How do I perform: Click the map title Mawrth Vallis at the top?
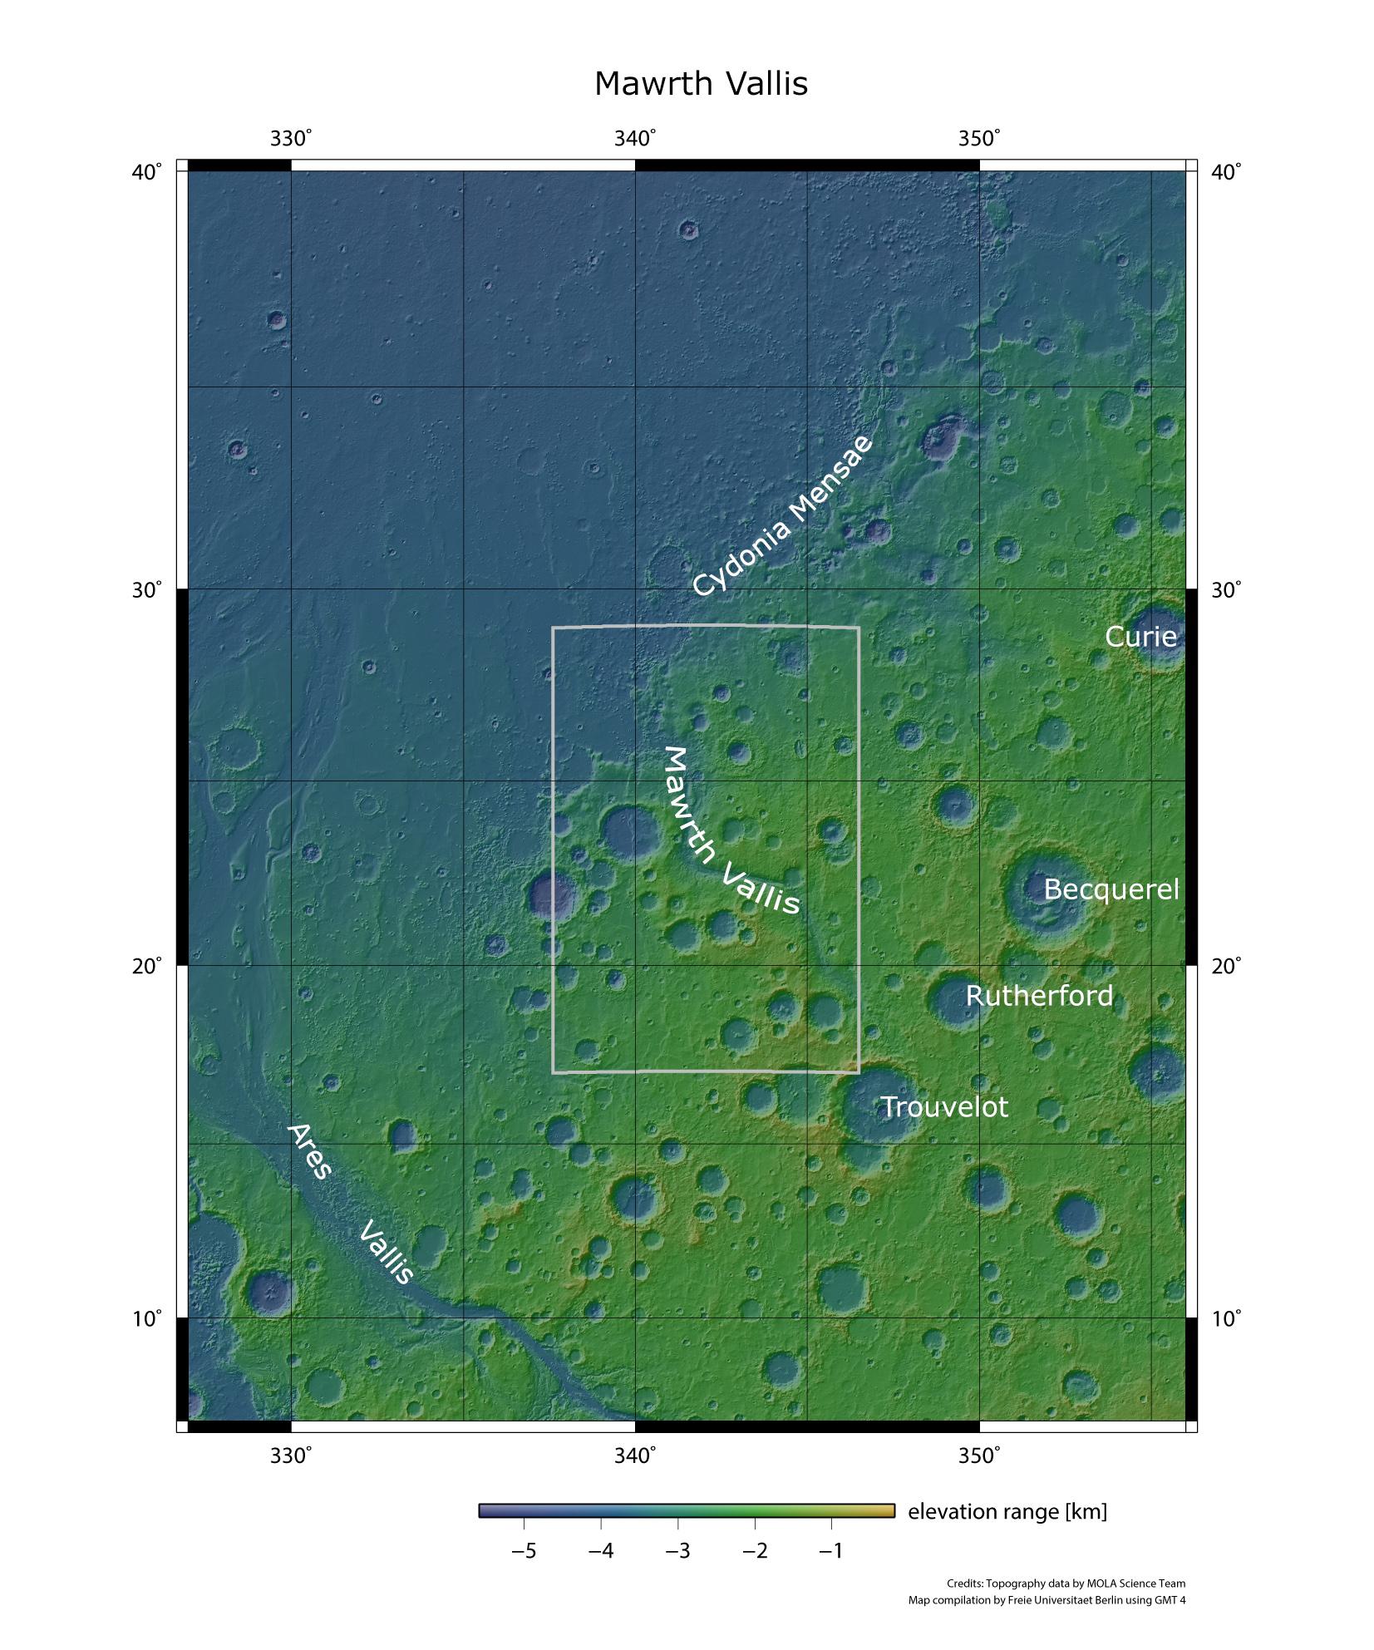tap(701, 84)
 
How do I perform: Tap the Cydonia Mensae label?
tap(783, 515)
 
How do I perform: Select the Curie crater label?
tap(1140, 637)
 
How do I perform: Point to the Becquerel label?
tap(1111, 889)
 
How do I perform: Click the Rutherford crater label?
tap(1039, 996)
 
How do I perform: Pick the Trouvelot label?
tap(943, 1107)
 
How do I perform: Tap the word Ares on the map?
tap(309, 1152)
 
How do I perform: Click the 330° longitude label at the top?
tap(291, 139)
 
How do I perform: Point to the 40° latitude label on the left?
tap(148, 172)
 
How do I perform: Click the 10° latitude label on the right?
tap(1226, 1319)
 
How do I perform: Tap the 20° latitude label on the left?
tap(148, 966)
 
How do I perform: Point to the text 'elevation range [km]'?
tap(1007, 1511)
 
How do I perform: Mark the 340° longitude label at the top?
tap(635, 139)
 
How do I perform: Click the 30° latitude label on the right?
tap(1226, 590)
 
